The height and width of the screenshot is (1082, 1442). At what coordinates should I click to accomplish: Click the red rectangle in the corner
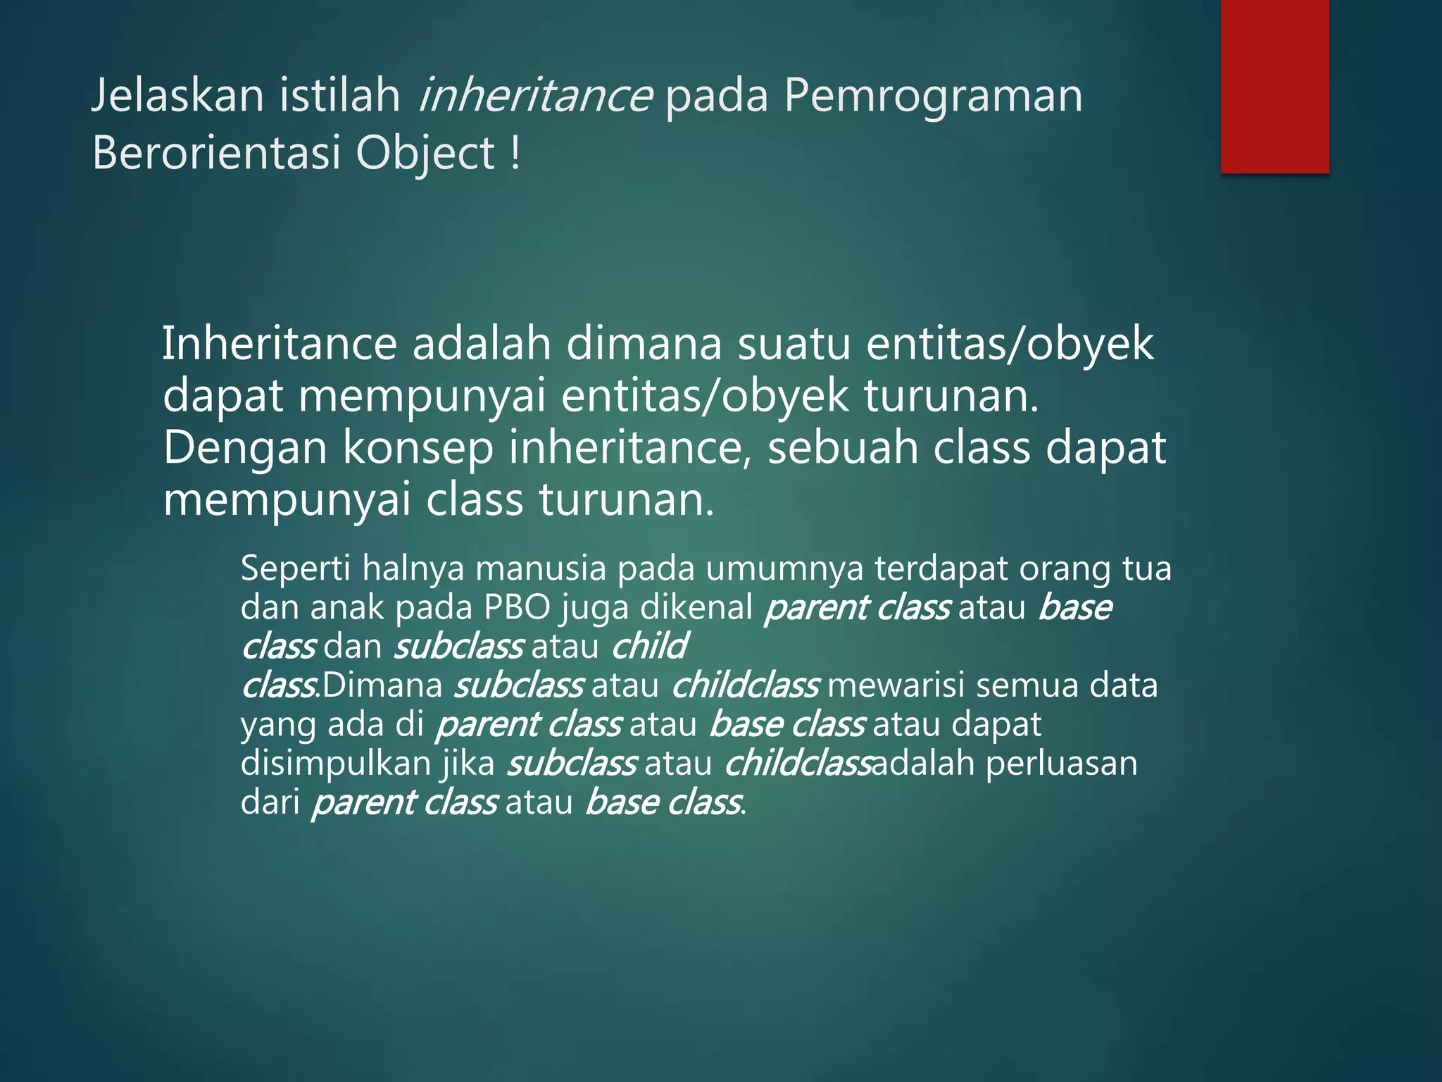pyautogui.click(x=1274, y=86)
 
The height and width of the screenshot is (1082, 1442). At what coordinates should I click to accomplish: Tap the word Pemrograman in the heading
pyautogui.click(x=932, y=97)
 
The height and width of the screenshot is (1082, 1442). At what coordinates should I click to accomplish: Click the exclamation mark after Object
pyautogui.click(x=516, y=153)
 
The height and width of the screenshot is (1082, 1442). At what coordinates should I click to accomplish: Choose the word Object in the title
pyautogui.click(x=425, y=154)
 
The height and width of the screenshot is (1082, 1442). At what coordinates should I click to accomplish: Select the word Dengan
pyautogui.click(x=245, y=449)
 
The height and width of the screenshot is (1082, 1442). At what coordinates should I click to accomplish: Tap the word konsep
pyautogui.click(x=418, y=449)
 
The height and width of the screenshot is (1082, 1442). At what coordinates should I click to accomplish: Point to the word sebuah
pyautogui.click(x=842, y=447)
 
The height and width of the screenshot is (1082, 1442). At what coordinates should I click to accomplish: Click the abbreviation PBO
pyautogui.click(x=517, y=607)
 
